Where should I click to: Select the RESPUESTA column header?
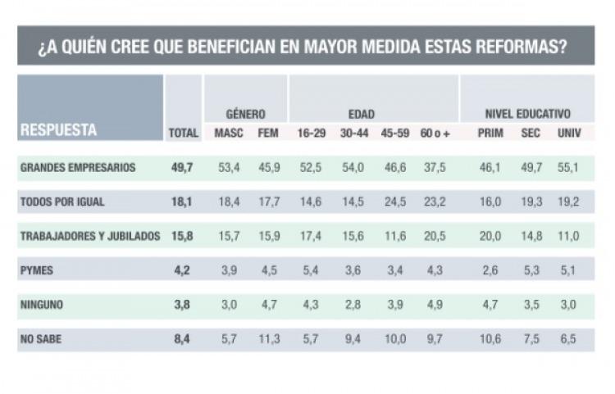(58, 129)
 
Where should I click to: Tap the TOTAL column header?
(183, 133)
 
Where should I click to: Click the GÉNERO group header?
(245, 114)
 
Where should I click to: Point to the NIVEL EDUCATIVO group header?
(527, 114)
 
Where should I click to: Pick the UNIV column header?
(568, 133)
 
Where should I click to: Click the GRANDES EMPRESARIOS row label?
(78, 168)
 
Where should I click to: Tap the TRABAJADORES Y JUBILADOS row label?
(89, 237)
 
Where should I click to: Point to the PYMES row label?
(34, 270)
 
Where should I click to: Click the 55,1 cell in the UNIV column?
(568, 168)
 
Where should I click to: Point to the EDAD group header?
(350, 114)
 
